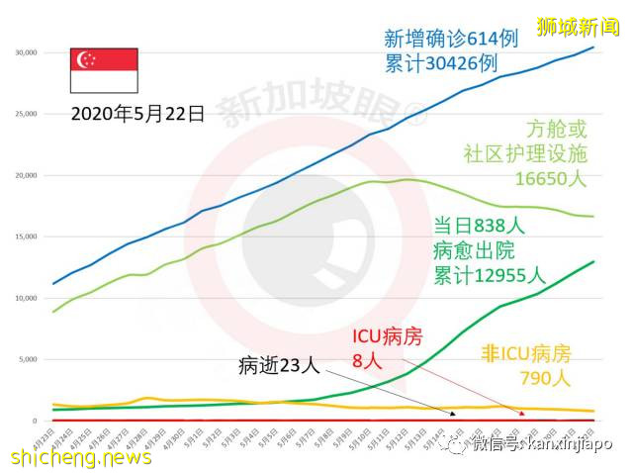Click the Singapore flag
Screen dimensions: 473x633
(x=103, y=69)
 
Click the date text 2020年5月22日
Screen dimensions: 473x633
(x=137, y=113)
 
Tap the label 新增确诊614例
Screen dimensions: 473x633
(x=450, y=39)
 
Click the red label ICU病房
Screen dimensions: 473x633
(x=388, y=337)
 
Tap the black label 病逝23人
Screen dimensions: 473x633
(x=279, y=366)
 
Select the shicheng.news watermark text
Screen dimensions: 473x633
(x=81, y=457)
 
